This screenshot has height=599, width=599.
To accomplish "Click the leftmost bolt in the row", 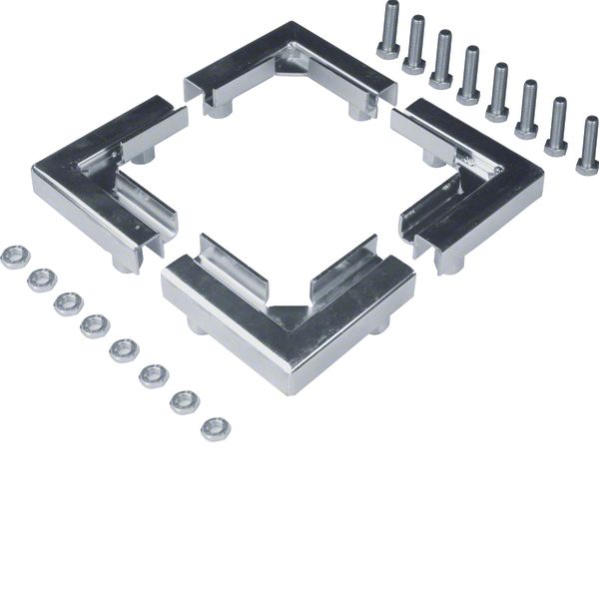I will coord(388,30).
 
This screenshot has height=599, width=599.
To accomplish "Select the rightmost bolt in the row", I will coord(588,146).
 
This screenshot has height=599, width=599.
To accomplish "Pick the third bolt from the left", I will coord(442,60).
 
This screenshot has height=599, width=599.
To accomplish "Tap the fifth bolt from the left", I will coord(497,93).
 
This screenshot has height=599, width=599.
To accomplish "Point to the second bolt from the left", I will coord(414,45).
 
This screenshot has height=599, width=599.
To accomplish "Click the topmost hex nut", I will coord(14,257).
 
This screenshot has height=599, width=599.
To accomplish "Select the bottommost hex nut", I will coord(214,429).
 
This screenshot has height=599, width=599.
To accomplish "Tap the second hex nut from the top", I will coord(41,280).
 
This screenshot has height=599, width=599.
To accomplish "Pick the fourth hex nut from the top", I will coord(95,325).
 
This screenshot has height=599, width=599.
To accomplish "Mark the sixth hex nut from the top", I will coord(154,375).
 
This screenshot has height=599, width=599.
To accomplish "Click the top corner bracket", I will coord(290,70).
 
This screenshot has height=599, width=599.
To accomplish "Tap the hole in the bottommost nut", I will coord(214,428).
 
